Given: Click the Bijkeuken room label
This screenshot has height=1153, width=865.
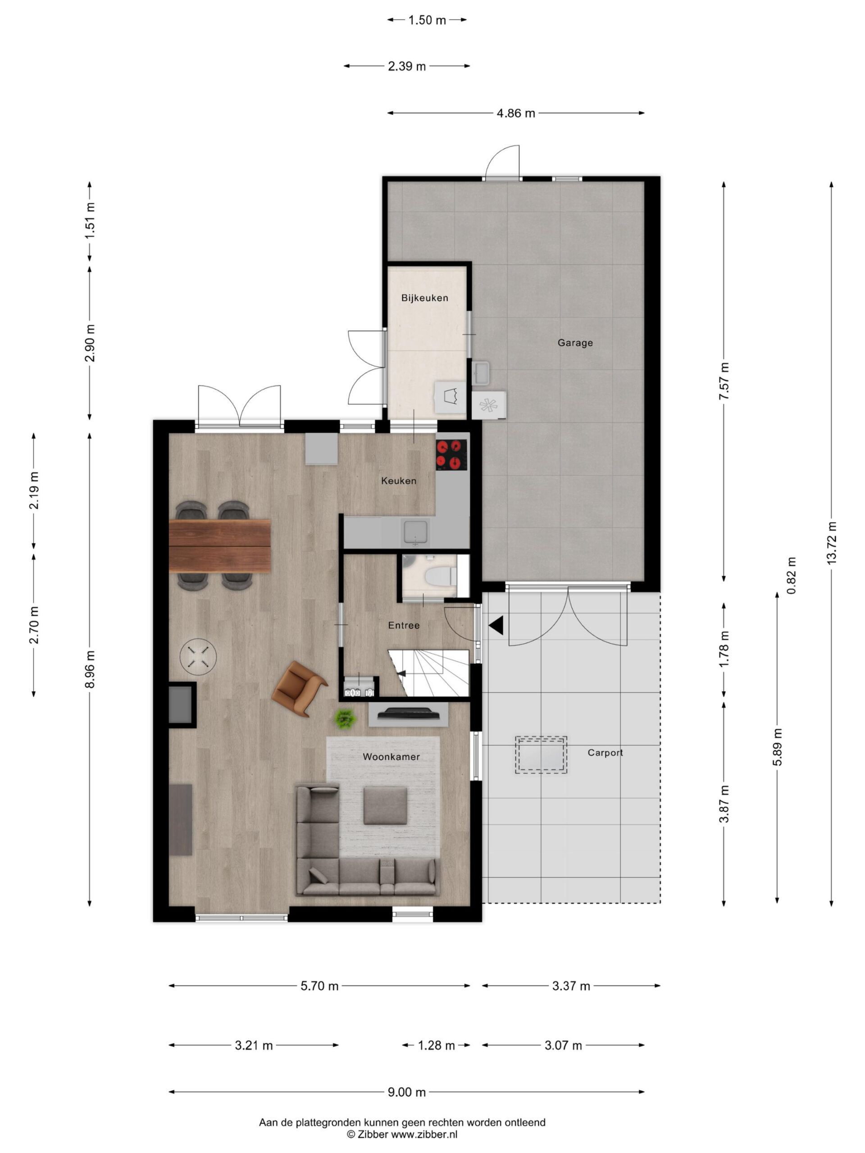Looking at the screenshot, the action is [x=424, y=298].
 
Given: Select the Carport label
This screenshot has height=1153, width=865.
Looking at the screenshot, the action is [x=605, y=753].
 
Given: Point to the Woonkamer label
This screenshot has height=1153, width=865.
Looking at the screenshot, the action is [x=391, y=757].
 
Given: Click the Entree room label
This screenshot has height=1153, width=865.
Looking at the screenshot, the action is [x=404, y=626].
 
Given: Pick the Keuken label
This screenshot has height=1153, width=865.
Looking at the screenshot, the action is [x=398, y=481].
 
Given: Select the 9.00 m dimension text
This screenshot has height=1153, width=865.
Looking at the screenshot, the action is [x=407, y=1092].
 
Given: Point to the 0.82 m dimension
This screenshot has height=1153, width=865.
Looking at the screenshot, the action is [x=792, y=576].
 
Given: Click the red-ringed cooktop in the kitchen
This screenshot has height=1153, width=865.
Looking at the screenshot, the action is [x=451, y=454].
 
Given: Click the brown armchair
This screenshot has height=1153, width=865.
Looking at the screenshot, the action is [x=299, y=689].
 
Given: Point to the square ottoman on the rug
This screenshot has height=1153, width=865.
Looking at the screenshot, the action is [x=385, y=806].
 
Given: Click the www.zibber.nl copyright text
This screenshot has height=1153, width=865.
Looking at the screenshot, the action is [x=402, y=1134].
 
